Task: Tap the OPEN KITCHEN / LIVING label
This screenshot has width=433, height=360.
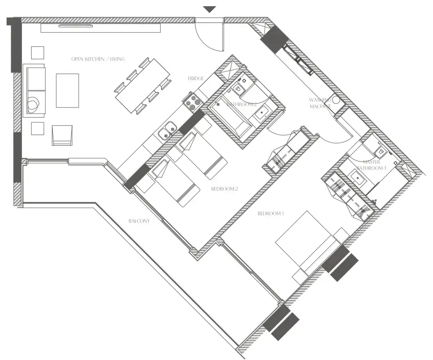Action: pyautogui.click(x=98, y=59)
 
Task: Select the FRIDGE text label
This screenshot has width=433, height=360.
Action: pyautogui.click(x=195, y=78)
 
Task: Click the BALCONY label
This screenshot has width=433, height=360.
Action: pyautogui.click(x=139, y=221)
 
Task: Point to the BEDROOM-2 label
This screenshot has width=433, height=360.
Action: pyautogui.click(x=224, y=189)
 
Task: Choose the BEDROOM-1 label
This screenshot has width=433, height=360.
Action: pyautogui.click(x=271, y=213)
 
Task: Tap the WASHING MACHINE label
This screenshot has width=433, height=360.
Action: pyautogui.click(x=320, y=103)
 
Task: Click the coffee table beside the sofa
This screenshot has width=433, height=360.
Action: pyautogui.click(x=67, y=91)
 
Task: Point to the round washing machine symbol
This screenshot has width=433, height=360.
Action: pyautogui.click(x=337, y=100)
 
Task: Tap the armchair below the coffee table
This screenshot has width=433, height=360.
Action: pyautogui.click(x=62, y=135)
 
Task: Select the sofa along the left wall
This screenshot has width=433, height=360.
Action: pyautogui.click(x=36, y=90)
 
